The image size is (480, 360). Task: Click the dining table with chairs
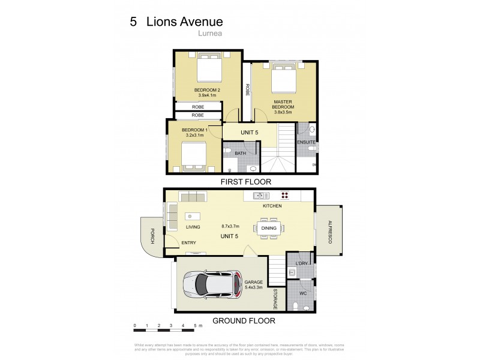(268, 228)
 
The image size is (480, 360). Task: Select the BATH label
(240, 154)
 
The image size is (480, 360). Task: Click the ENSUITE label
(306, 142)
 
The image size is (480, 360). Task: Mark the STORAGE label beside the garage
(275, 299)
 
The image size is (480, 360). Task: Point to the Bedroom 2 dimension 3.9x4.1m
(208, 95)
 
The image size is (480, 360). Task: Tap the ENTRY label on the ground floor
(188, 242)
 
